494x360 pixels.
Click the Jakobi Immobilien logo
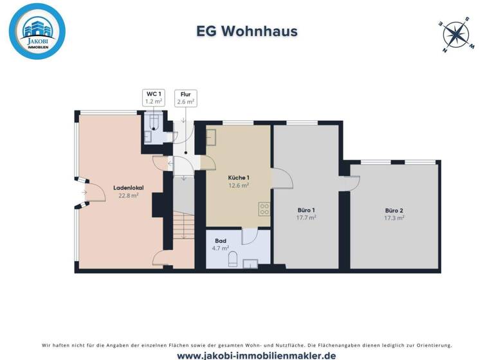click(x=37, y=31)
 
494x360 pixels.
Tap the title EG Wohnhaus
click(x=246, y=32)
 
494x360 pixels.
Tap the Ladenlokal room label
click(x=128, y=188)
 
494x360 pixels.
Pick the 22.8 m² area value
click(x=128, y=195)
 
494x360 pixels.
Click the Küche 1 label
click(x=239, y=177)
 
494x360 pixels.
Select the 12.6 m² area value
click(x=239, y=185)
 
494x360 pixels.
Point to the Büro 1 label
click(x=306, y=210)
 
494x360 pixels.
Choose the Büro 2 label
click(x=394, y=210)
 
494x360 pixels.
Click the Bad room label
click(x=221, y=240)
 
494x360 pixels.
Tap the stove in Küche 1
click(x=264, y=208)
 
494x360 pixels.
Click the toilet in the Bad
click(x=233, y=260)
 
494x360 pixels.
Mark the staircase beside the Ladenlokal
click(x=183, y=226)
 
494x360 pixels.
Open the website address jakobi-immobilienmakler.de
click(x=247, y=355)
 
